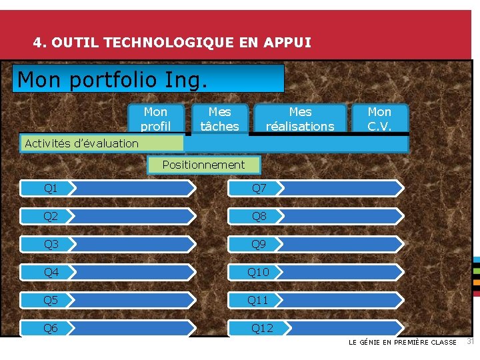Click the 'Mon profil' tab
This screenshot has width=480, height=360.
pos(156,119)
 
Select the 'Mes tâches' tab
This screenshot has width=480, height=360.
pos(219,119)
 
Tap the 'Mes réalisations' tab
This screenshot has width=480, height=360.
pos(300,119)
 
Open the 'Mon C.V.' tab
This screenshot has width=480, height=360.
pos(379,119)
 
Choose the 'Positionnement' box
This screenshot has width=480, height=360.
pos(203,165)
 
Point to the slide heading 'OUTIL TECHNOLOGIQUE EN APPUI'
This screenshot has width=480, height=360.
pos(172,43)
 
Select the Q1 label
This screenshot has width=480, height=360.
pos(51,189)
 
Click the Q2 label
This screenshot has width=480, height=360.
pos(51,217)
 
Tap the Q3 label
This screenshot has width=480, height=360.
pos(51,245)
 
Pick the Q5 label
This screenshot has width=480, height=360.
pos(51,301)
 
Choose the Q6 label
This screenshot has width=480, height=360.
pos(51,328)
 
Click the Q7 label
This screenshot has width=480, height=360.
pos(259,189)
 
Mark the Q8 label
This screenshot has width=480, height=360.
pos(259,217)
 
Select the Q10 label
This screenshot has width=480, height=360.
pos(259,272)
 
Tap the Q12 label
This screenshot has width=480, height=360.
pos(261,328)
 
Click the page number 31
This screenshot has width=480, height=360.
pos(469,342)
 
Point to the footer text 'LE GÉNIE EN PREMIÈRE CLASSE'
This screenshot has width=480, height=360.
pos(403,343)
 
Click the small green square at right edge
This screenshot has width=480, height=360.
pos(476,271)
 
